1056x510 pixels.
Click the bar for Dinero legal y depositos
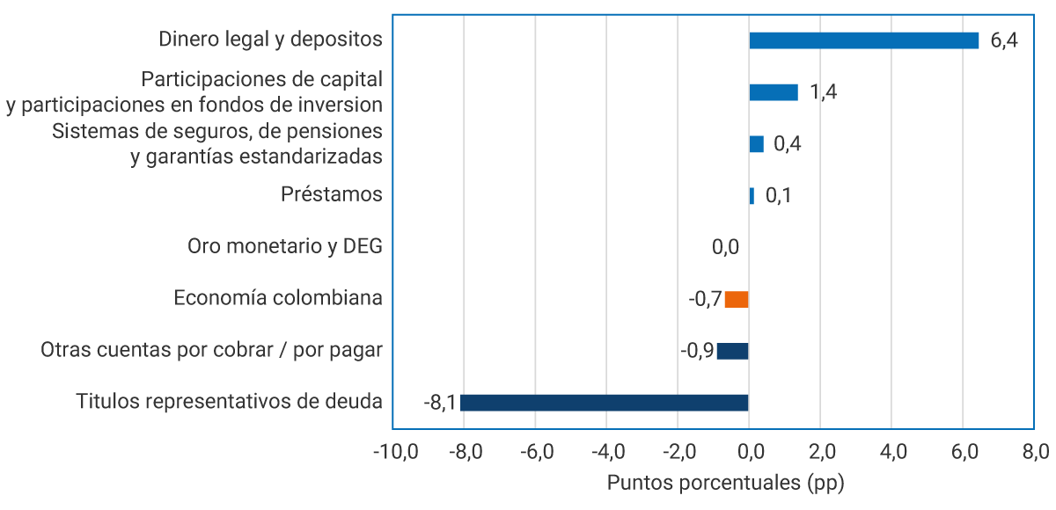(863, 40)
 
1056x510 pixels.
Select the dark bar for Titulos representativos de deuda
(604, 403)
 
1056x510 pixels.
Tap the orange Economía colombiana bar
(737, 299)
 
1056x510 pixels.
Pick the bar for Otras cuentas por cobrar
(732, 351)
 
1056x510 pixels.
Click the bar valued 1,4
(774, 92)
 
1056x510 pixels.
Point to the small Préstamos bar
(752, 196)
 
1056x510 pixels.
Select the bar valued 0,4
(756, 144)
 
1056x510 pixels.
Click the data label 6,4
(1003, 40)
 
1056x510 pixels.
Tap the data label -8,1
(439, 403)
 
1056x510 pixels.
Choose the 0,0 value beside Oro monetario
(725, 247)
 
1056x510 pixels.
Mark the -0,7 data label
(705, 299)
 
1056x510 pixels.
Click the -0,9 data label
(697, 351)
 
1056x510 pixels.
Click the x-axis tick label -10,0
(395, 453)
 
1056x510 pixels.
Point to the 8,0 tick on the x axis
(1035, 453)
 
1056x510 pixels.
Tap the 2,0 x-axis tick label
(820, 453)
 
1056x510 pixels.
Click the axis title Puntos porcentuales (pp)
(725, 483)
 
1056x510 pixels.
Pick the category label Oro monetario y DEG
(285, 246)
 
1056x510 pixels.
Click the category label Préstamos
(332, 194)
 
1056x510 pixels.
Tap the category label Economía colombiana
(278, 298)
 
